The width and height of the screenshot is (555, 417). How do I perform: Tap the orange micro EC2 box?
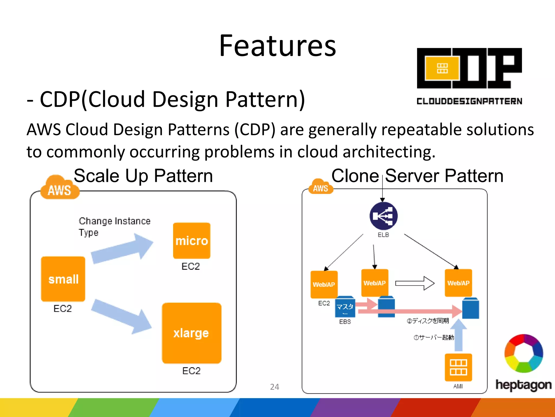pyautogui.click(x=192, y=241)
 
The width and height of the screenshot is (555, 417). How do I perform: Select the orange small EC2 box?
pyautogui.click(x=63, y=279)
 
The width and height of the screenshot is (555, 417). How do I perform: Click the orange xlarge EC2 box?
pyautogui.click(x=192, y=333)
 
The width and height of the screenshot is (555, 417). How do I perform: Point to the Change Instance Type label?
pyautogui.click(x=114, y=226)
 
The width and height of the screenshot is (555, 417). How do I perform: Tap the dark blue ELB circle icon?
pyautogui.click(x=383, y=216)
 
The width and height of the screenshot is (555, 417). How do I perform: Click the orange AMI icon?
pyautogui.click(x=458, y=367)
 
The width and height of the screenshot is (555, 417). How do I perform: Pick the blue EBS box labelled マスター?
pyautogui.click(x=345, y=307)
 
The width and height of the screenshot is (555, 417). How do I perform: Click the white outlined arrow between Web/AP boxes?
pyautogui.click(x=415, y=283)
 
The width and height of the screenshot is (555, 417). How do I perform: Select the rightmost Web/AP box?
pyautogui.click(x=458, y=283)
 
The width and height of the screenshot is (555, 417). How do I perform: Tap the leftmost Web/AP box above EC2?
pyautogui.click(x=324, y=284)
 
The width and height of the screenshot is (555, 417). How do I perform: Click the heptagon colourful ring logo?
pyautogui.click(x=524, y=353)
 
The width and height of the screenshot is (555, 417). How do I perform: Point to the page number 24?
pyautogui.click(x=275, y=387)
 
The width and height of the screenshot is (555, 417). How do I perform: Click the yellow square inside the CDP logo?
pyautogui.click(x=442, y=68)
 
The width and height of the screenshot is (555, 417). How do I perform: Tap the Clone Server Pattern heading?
pyautogui.click(x=417, y=176)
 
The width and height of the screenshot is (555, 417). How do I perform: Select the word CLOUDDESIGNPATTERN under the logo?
pyautogui.click(x=469, y=101)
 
